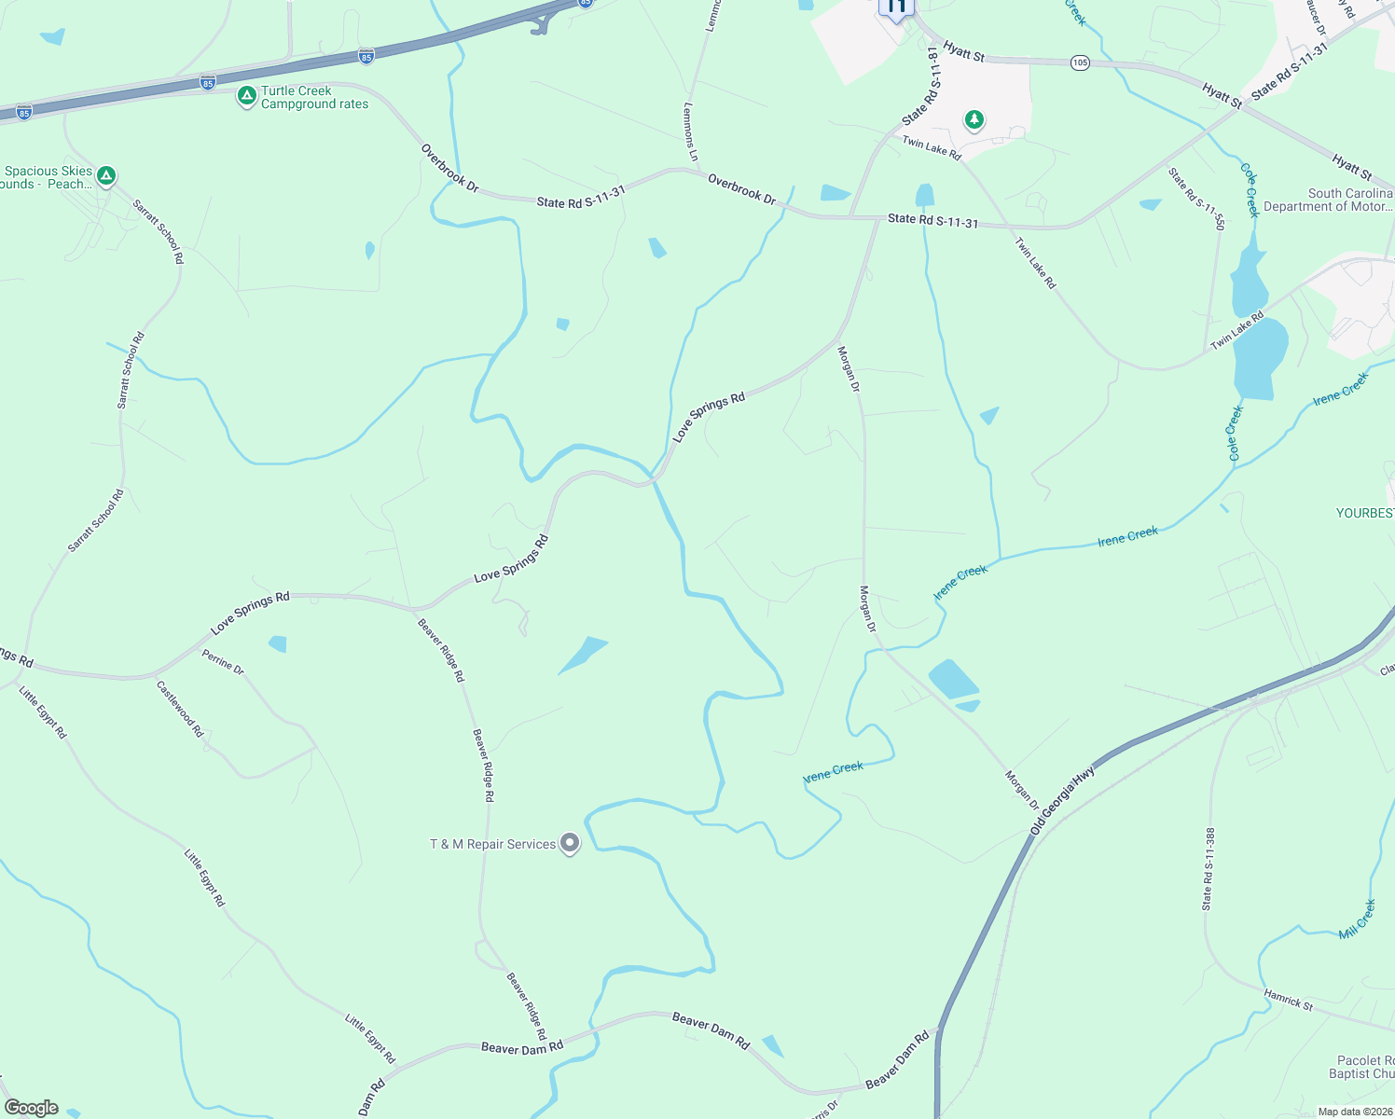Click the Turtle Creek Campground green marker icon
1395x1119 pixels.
pyautogui.click(x=246, y=96)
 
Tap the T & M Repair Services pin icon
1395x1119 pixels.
pyautogui.click(x=570, y=844)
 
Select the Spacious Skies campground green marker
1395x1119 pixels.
pyautogui.click(x=106, y=175)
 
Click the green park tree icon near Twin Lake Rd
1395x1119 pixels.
pyautogui.click(x=974, y=119)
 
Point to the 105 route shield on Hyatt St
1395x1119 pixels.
pyautogui.click(x=1080, y=62)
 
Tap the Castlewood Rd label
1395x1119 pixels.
pyautogui.click(x=180, y=709)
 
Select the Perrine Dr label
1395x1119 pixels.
pyautogui.click(x=223, y=662)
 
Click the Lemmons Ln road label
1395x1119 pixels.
pyautogui.click(x=690, y=131)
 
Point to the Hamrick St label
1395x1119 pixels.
pyautogui.click(x=1288, y=1000)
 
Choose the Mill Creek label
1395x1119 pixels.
pyautogui.click(x=1357, y=919)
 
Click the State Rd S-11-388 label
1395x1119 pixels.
pyautogui.click(x=1209, y=868)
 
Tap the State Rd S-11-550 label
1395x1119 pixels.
pyautogui.click(x=1196, y=199)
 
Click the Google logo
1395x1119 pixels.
pyautogui.click(x=32, y=1108)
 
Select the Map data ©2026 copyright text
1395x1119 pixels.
pyautogui.click(x=1351, y=1112)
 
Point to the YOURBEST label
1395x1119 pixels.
pyautogui.click(x=1365, y=513)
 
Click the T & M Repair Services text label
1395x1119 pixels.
pyautogui.click(x=492, y=844)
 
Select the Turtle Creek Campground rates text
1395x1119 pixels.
pyautogui.click(x=314, y=97)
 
